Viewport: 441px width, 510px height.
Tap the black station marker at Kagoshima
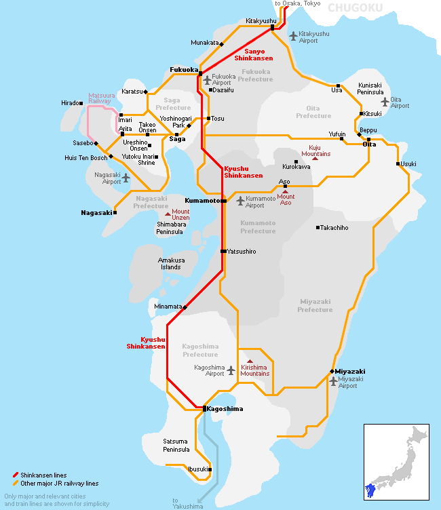[x=204, y=408]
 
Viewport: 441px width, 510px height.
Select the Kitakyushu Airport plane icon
[x=292, y=35]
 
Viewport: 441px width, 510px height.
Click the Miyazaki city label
[x=350, y=372]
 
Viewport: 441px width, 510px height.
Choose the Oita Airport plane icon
[x=385, y=102]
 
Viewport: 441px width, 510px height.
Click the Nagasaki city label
[x=96, y=212]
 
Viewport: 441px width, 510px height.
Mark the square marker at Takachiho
[x=318, y=227]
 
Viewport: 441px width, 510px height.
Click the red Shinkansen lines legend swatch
[x=15, y=475]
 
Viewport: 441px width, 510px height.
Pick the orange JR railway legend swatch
[x=15, y=483]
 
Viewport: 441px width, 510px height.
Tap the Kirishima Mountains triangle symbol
[x=250, y=361]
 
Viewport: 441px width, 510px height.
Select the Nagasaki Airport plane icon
[x=125, y=178]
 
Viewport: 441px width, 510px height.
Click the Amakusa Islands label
[x=170, y=263]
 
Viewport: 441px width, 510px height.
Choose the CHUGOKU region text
[x=355, y=8]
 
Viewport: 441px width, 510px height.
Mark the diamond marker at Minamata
[x=185, y=307]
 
